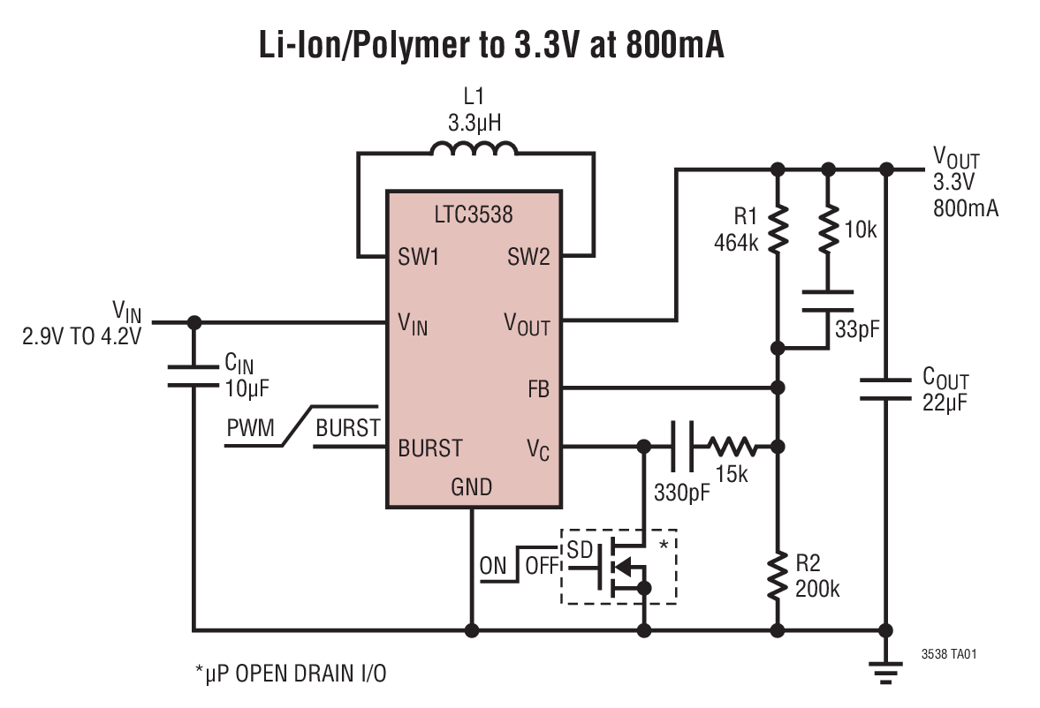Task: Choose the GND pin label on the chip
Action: click(x=472, y=486)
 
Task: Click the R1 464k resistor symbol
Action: click(x=778, y=229)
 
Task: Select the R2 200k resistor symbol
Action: click(x=778, y=575)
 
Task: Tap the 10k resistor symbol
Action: click(x=828, y=230)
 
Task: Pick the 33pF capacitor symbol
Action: click(x=828, y=299)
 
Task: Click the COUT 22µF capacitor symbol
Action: click(x=886, y=389)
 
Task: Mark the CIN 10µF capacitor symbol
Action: click(x=194, y=376)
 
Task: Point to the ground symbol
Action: click(x=886, y=673)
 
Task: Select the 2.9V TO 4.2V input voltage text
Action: click(x=82, y=336)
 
